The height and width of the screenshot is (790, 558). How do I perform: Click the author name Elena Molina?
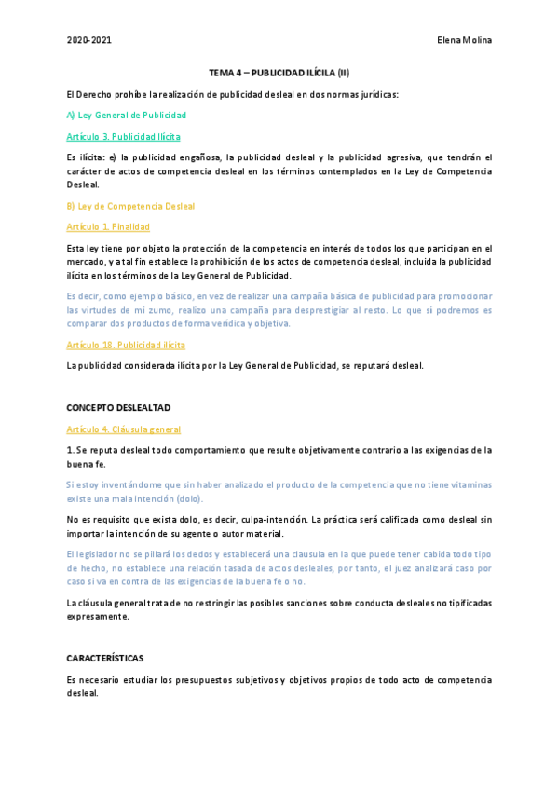click(464, 40)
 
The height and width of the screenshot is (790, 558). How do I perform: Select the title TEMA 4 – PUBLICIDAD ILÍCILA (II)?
click(279, 73)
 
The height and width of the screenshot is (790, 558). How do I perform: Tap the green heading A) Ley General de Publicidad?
click(127, 115)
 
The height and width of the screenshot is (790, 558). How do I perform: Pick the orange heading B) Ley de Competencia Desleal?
click(130, 206)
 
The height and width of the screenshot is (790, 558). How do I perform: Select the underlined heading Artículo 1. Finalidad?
click(108, 227)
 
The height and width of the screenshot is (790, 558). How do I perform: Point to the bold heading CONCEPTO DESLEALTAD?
click(118, 408)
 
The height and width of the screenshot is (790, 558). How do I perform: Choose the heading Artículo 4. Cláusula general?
click(123, 429)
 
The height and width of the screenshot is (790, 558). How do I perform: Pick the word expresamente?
click(98, 617)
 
